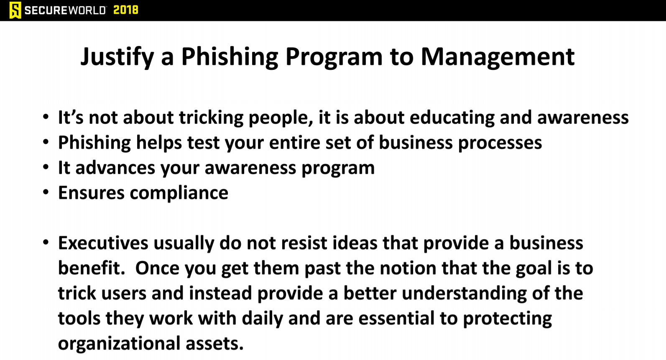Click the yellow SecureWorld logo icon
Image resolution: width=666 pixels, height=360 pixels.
tap(15, 10)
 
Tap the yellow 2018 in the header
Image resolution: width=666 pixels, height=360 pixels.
tap(126, 10)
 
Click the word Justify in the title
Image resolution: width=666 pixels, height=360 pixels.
tap(117, 57)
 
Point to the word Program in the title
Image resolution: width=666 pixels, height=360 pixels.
tap(334, 57)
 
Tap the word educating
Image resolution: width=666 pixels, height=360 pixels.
tap(452, 118)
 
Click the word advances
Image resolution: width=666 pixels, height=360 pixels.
tap(115, 168)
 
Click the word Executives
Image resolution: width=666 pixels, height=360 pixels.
tap(103, 243)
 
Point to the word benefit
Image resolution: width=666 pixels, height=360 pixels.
tap(92, 268)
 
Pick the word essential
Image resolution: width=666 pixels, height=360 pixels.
tap(396, 318)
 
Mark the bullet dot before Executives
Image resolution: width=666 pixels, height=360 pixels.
tap(46, 242)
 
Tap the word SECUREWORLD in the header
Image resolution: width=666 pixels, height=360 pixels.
tap(65, 10)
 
